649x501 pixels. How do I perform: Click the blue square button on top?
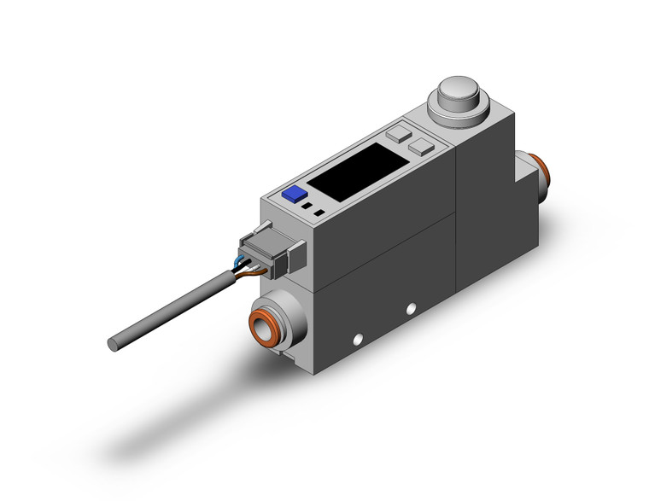(295, 194)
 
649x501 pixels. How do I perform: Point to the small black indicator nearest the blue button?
(306, 207)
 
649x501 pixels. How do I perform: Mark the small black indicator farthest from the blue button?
(319, 212)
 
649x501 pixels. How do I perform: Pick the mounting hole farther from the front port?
(412, 306)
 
